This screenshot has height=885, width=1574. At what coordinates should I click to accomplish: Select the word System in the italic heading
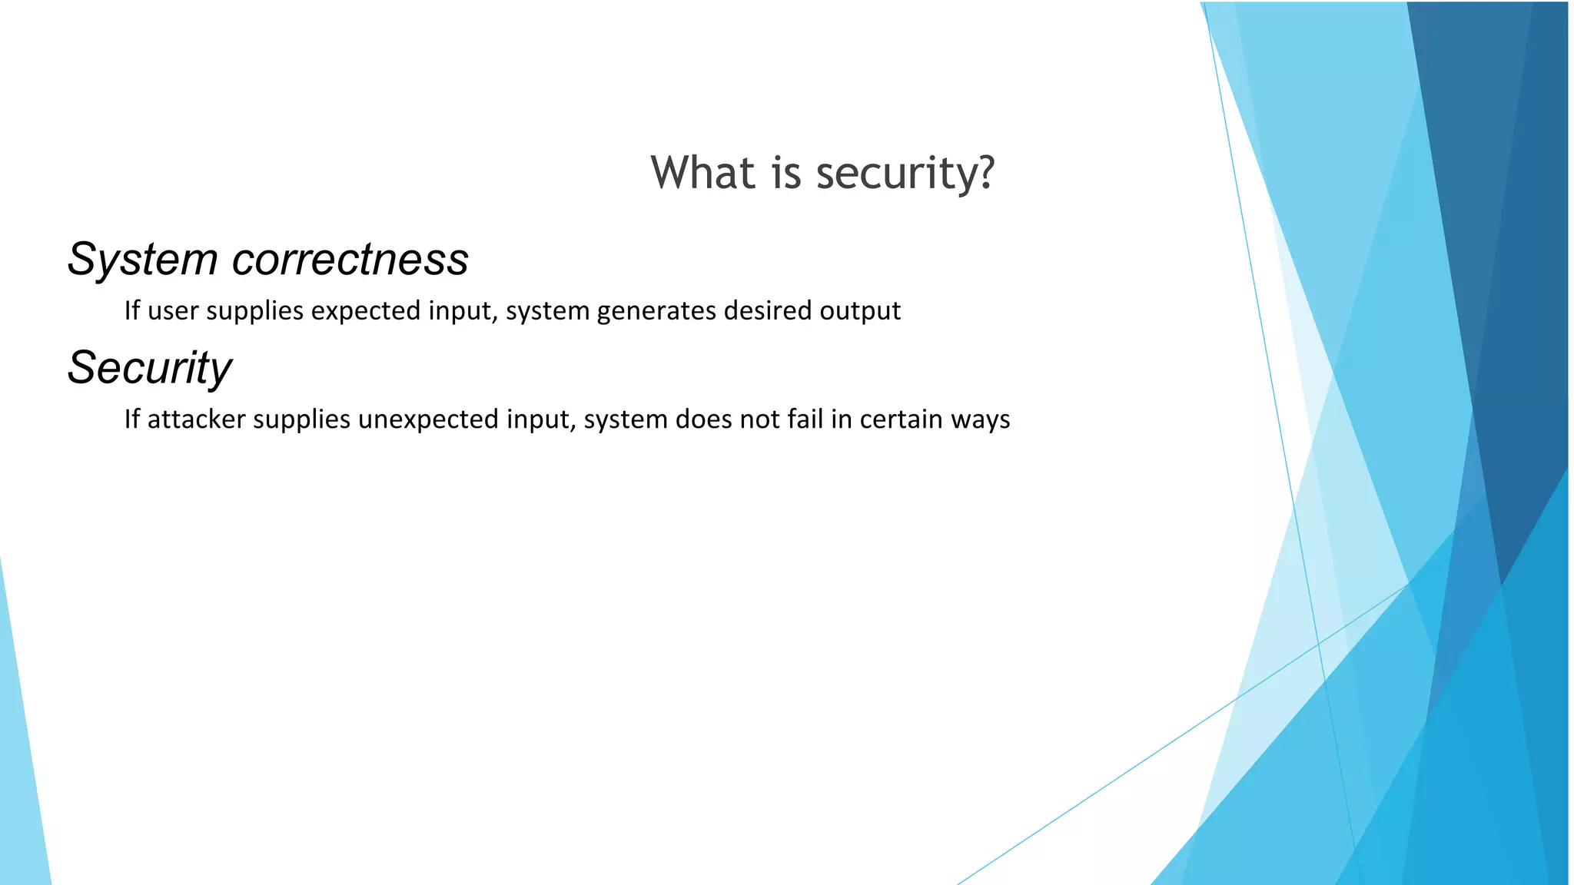click(x=142, y=260)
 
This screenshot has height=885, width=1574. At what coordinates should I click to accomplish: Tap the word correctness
click(x=350, y=260)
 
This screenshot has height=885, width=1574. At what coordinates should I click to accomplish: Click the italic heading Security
click(x=149, y=368)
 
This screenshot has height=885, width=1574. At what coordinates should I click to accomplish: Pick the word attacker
click(x=196, y=419)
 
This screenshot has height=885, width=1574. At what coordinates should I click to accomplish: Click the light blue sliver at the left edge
click(x=19, y=768)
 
